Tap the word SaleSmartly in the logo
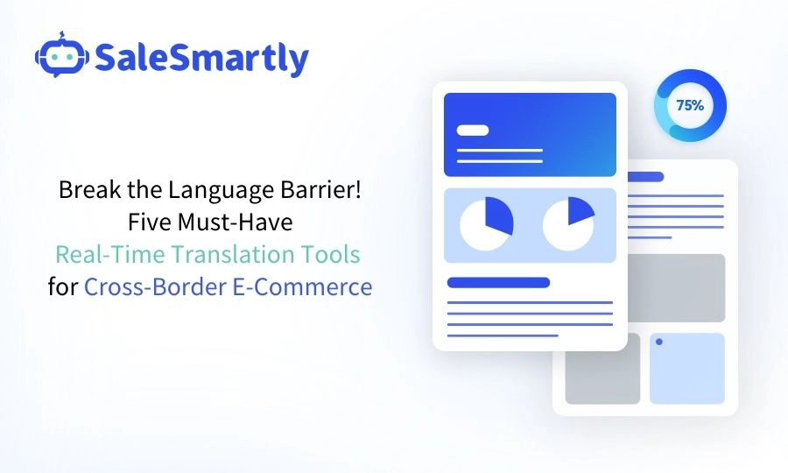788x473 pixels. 201,59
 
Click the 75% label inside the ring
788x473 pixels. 689,105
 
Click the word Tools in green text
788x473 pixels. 330,254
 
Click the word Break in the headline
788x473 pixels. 85,189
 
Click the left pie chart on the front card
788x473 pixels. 486,225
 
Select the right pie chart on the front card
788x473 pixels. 568,225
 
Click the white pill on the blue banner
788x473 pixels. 474,130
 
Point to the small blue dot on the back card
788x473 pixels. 658,342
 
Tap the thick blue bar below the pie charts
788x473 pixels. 498,282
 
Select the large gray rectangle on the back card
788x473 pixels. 674,287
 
